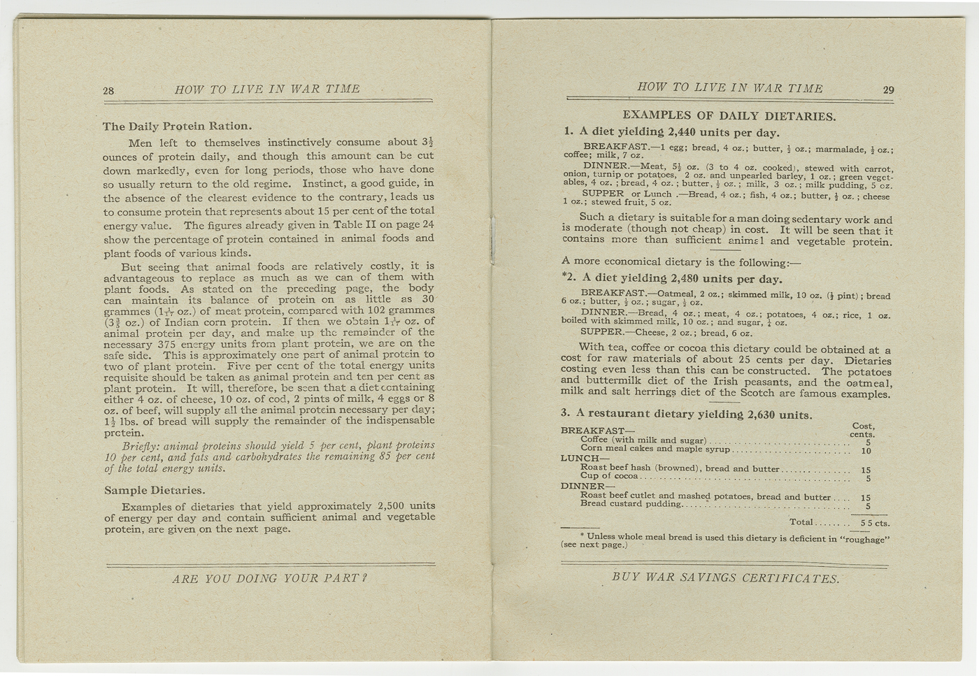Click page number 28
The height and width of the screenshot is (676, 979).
pyautogui.click(x=108, y=91)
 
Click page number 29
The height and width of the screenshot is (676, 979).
pyautogui.click(x=888, y=89)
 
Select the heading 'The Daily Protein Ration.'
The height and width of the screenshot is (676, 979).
pyautogui.click(x=177, y=127)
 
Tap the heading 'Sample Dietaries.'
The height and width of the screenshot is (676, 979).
pyautogui.click(x=155, y=490)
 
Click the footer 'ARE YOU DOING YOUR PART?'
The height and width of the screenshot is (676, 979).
pyautogui.click(x=269, y=578)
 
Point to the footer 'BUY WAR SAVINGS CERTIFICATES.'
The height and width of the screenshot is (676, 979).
pyautogui.click(x=725, y=578)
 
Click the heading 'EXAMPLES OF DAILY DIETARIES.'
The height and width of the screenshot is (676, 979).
pyautogui.click(x=729, y=116)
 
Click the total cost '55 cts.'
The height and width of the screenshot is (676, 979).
pyautogui.click(x=875, y=523)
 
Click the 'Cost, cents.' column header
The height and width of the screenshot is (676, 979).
pyautogui.click(x=863, y=430)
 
